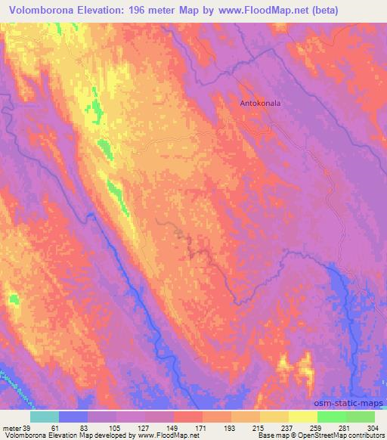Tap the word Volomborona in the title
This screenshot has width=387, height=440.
[x=38, y=11]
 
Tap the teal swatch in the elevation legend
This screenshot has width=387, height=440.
[x=45, y=417]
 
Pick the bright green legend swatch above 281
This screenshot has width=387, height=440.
[x=332, y=417]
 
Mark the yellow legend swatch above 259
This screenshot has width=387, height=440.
[x=302, y=417]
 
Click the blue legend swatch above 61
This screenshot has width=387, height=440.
[x=73, y=417]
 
